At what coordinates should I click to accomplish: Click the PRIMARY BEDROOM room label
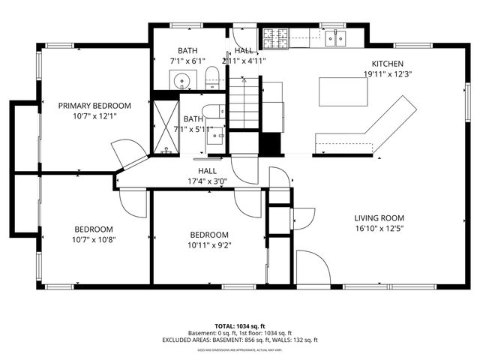[x=94, y=106]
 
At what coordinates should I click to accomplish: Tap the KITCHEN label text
[x=388, y=64]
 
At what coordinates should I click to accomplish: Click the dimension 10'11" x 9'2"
[x=209, y=244]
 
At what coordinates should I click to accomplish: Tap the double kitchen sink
[x=334, y=35]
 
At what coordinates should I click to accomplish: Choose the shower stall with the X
[x=162, y=126]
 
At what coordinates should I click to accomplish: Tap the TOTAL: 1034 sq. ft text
[x=240, y=326]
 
